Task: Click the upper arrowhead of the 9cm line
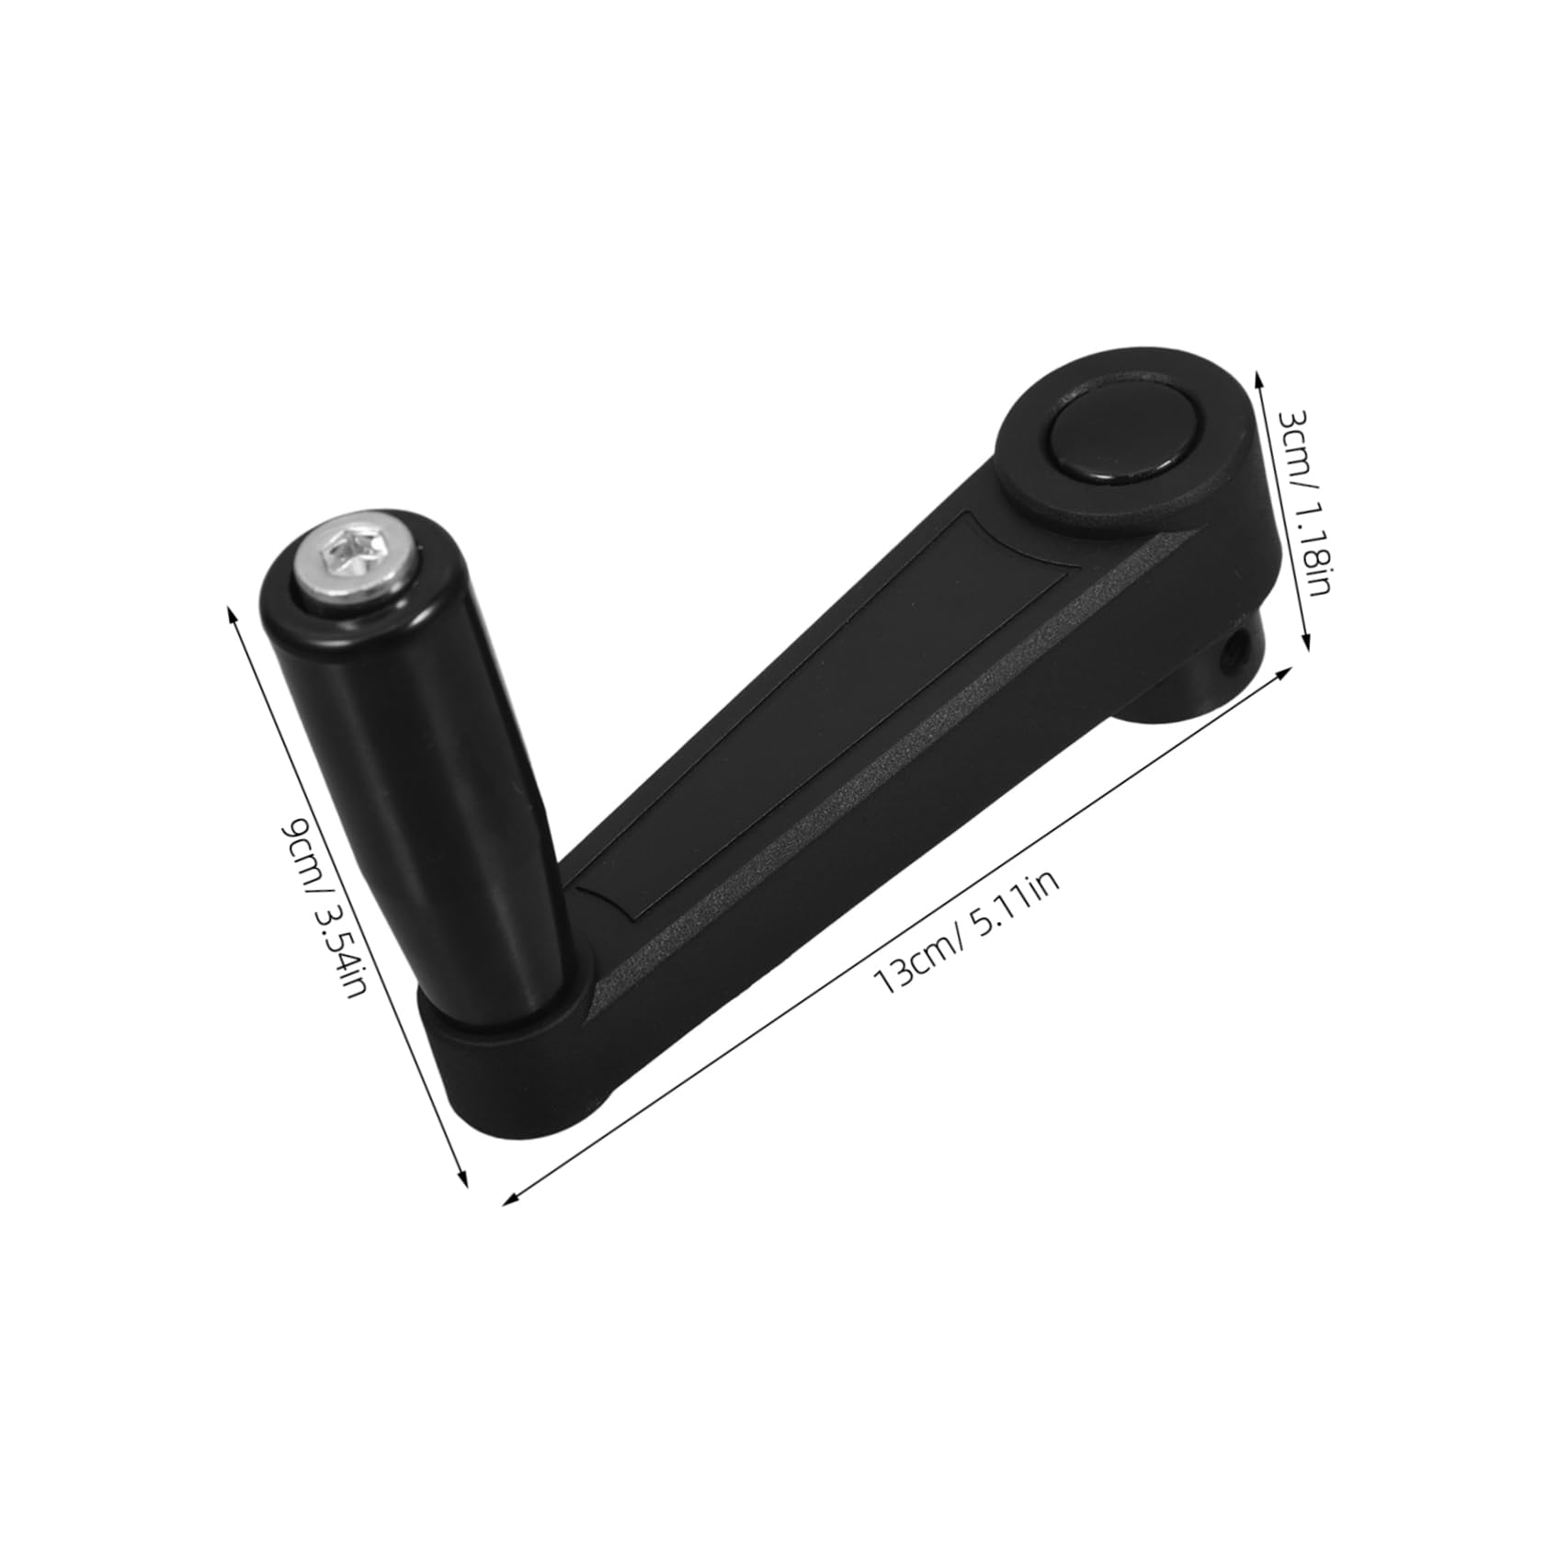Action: (232, 609)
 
